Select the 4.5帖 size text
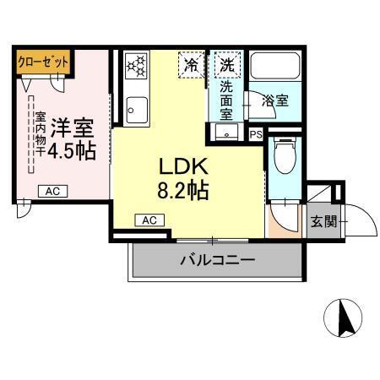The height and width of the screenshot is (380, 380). coord(72,151)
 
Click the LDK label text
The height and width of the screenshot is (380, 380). coord(181,166)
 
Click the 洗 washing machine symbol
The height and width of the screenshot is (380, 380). coord(226,63)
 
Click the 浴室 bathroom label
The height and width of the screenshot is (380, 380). coord(275,100)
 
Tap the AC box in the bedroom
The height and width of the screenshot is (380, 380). coord(52,192)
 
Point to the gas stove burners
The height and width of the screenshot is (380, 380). coord(136,67)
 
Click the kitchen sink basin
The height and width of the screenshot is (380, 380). coord(135,109)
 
